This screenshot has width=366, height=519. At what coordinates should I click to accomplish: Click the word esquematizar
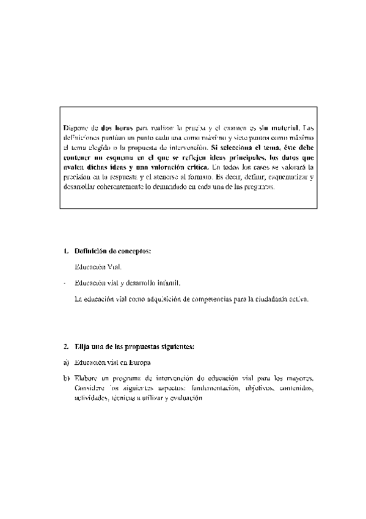(284, 177)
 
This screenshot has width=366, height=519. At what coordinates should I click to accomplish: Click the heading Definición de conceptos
(112, 251)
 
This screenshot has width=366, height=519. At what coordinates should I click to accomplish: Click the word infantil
(167, 283)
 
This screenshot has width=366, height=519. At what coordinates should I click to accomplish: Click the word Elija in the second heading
(82, 347)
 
